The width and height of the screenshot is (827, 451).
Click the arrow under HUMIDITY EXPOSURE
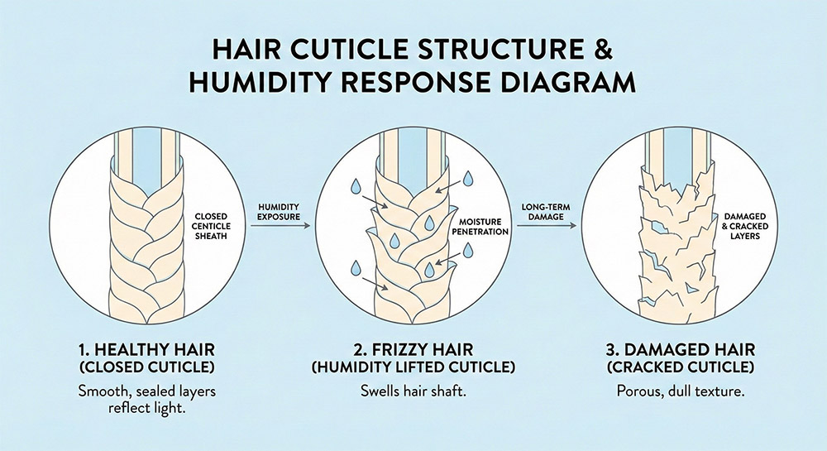point(279,223)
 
